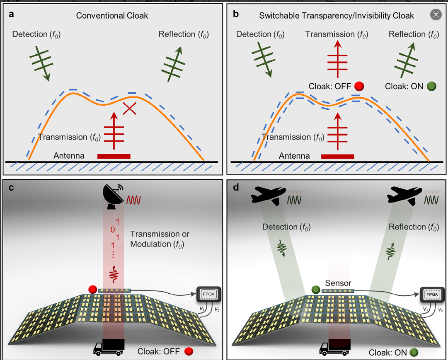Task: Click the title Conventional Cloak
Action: click(x=112, y=16)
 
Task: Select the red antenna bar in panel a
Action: click(x=114, y=156)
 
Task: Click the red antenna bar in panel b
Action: click(x=337, y=156)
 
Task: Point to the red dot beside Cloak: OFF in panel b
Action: click(x=359, y=86)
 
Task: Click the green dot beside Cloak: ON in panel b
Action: click(x=431, y=87)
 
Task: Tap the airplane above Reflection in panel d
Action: click(x=405, y=194)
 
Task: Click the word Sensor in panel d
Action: click(x=338, y=283)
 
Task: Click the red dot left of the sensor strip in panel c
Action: click(x=92, y=289)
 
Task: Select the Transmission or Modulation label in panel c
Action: click(x=160, y=239)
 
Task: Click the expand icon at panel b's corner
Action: click(x=436, y=15)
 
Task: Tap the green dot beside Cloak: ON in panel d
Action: click(x=414, y=352)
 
